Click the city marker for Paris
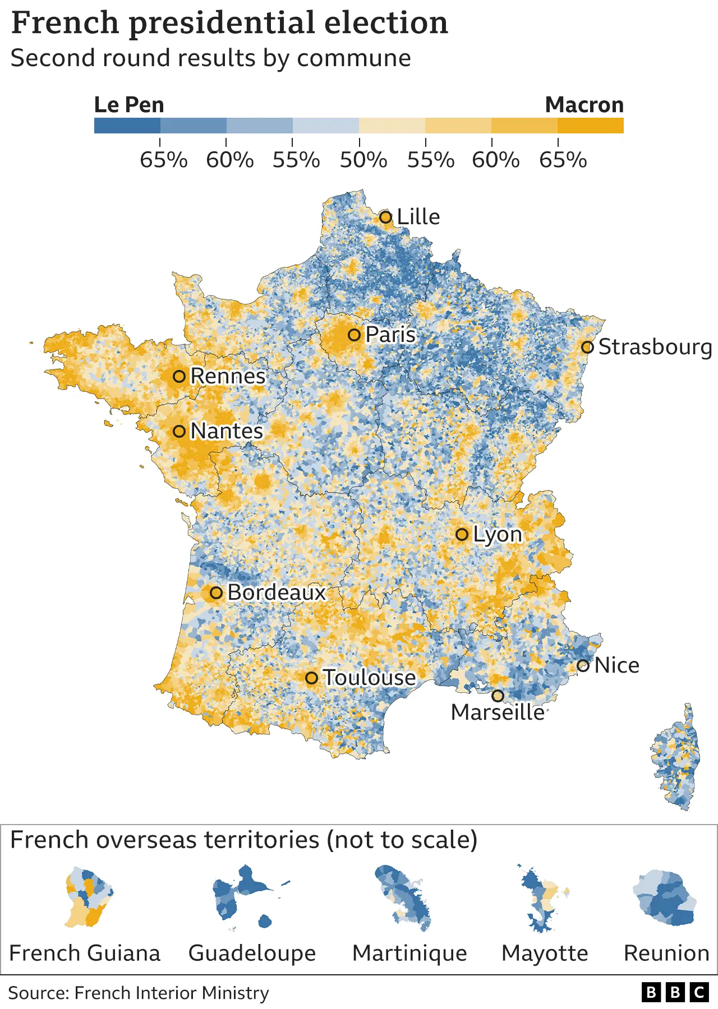click(354, 335)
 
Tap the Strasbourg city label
click(655, 347)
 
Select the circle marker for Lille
click(385, 217)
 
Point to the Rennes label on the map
click(228, 376)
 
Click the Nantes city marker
click(179, 431)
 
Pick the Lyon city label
click(497, 534)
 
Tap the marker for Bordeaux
click(216, 593)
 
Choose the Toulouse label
click(369, 678)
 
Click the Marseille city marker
click(498, 696)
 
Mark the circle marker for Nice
click(583, 666)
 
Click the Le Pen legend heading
click(129, 105)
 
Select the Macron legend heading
click(584, 105)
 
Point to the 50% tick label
click(363, 160)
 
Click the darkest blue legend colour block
click(127, 125)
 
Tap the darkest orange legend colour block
click(590, 125)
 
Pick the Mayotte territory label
click(545, 953)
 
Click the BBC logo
click(675, 993)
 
